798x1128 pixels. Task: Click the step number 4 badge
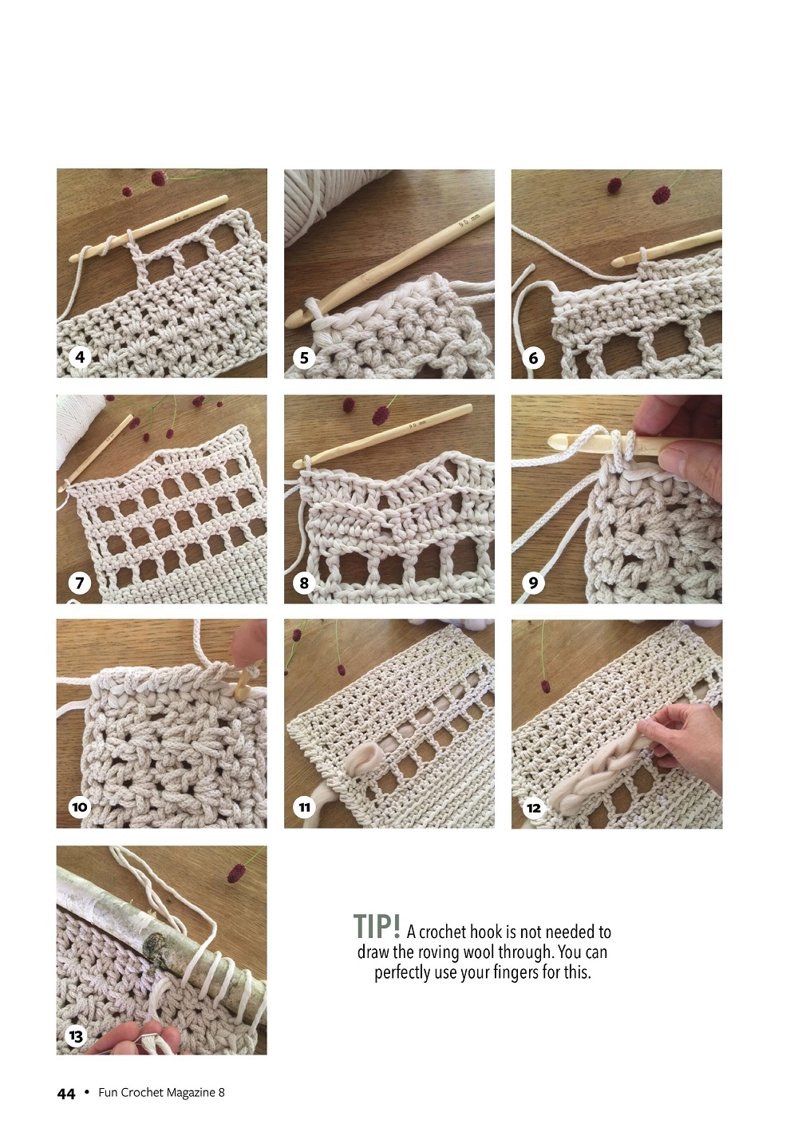80,358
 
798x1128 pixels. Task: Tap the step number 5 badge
304,358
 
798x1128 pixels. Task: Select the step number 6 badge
533,358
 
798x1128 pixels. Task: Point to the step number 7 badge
80,583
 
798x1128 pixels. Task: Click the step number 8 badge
304,583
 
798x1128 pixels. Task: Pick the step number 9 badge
533,583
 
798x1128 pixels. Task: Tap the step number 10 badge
80,807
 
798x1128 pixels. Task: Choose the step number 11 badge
304,807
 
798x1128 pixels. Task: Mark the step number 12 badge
533,808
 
